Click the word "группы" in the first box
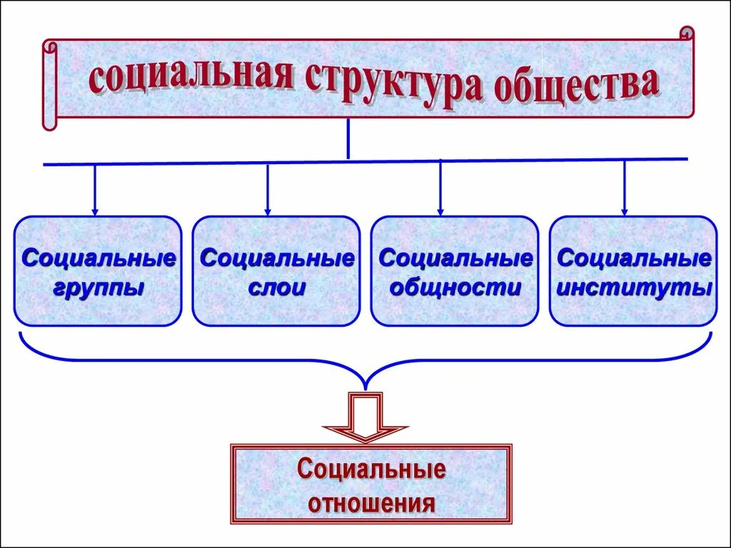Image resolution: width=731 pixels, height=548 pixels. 97,288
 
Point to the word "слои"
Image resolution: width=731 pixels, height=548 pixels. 276,288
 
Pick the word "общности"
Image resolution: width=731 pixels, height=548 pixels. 455,288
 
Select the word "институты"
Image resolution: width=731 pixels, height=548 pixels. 633,288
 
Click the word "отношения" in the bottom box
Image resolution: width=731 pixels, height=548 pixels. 371,504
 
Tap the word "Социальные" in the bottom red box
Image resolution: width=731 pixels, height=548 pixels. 371,470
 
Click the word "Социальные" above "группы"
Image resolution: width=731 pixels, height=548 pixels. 99,258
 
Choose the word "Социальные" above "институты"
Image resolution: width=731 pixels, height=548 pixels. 634,258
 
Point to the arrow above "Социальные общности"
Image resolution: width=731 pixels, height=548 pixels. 440,189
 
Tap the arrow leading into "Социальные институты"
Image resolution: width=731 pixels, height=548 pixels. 625,188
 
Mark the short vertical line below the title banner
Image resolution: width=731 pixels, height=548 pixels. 348,139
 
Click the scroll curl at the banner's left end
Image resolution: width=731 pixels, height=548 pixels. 49,86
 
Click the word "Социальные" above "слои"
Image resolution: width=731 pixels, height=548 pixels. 277,258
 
